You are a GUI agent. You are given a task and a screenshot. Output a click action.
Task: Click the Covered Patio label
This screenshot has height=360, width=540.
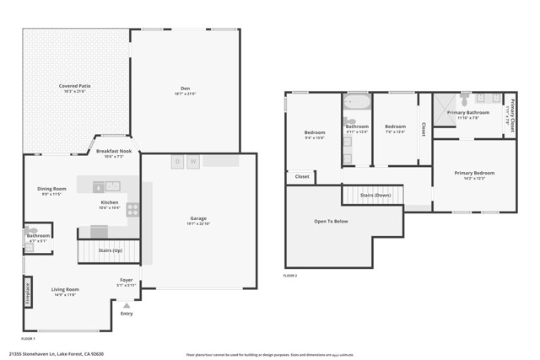point(75,86)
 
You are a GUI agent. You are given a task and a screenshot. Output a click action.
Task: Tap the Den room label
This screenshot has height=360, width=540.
point(185,86)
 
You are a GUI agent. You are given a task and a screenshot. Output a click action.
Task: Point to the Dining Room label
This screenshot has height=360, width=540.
point(51,188)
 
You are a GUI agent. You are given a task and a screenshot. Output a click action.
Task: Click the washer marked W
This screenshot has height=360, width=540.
point(193,161)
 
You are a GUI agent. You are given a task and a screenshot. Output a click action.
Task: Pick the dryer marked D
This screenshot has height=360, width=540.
point(178,161)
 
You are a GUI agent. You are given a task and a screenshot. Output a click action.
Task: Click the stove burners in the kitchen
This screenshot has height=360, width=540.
point(132,210)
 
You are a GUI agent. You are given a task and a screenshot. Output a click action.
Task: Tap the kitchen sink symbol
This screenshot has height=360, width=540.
point(112,186)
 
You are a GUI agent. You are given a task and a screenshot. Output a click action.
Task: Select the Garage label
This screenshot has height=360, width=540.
point(198,218)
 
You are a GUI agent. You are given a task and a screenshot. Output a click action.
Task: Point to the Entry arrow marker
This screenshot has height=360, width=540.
point(127,306)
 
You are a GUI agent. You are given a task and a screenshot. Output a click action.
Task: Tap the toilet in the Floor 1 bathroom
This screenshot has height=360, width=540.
point(31,230)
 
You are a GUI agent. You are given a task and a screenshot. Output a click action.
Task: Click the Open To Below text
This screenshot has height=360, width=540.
point(331,221)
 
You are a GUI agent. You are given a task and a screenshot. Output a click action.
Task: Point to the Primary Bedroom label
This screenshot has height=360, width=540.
point(474,174)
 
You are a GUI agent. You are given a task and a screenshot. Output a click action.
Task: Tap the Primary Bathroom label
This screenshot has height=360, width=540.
point(467,113)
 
